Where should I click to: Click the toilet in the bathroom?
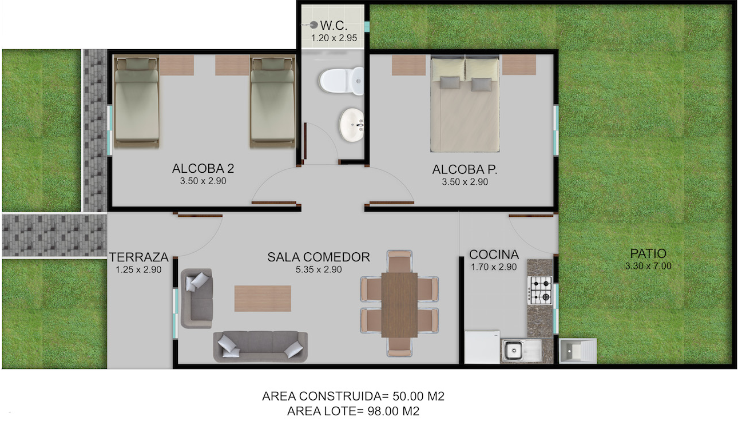(341, 81)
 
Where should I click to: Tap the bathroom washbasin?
(351, 125)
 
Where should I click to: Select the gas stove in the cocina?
(540, 290)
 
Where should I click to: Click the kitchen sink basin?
(513, 351)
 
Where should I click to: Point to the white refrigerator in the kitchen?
(482, 348)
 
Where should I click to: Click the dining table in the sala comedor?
(399, 305)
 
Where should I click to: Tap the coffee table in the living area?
(263, 299)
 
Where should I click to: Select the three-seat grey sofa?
(260, 347)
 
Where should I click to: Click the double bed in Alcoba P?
(465, 104)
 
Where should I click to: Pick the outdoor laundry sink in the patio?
(578, 351)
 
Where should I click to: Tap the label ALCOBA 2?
(203, 169)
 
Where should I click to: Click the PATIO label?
(648, 254)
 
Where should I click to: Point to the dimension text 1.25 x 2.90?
(138, 270)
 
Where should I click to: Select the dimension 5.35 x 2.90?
(319, 269)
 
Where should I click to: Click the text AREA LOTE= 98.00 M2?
(353, 411)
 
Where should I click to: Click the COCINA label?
(494, 255)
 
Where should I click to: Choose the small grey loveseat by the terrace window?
(196, 299)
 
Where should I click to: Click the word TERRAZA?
(138, 257)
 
